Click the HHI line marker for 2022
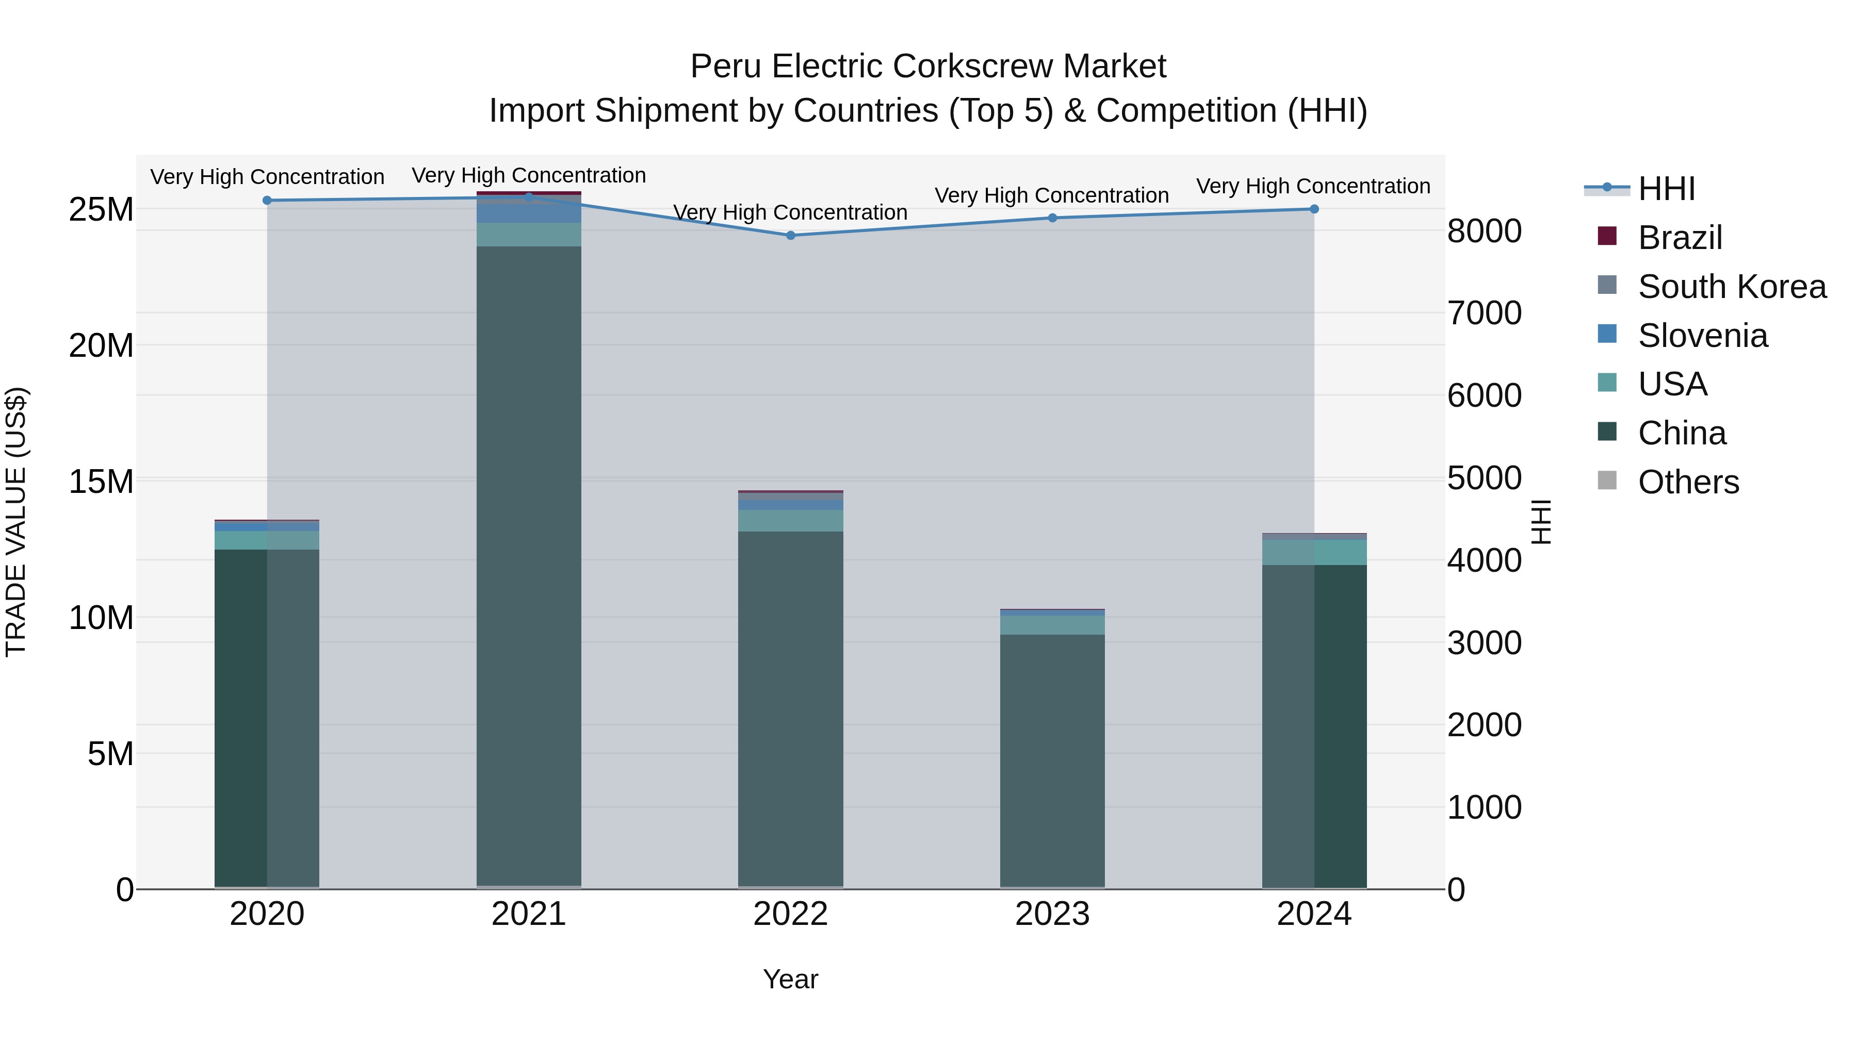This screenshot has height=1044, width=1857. [790, 236]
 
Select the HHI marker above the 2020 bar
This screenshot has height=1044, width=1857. [267, 201]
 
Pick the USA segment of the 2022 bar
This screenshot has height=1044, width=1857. [790, 520]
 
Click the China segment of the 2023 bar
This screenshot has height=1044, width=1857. [1052, 760]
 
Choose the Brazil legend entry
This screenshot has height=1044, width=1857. [1680, 238]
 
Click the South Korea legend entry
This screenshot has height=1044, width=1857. [1732, 287]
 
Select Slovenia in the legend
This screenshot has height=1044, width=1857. [1702, 336]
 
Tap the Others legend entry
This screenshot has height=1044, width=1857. [1688, 482]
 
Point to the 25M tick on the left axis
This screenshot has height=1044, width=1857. [101, 210]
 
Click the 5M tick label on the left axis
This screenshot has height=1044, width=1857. [110, 754]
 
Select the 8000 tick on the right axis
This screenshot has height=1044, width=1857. [1484, 231]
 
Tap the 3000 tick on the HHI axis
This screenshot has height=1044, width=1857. [1484, 643]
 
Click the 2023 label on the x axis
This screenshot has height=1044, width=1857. [1052, 914]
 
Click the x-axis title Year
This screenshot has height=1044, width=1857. [790, 979]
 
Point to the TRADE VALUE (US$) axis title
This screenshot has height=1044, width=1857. [16, 522]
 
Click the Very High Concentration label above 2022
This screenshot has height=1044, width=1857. [790, 212]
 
